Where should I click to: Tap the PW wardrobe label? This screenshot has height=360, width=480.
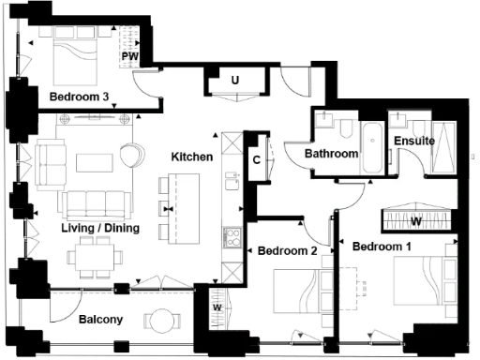click(130, 57)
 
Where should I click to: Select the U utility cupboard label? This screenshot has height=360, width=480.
click(234, 82)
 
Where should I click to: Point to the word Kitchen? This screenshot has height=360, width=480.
click(191, 157)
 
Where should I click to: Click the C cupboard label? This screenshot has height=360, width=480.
click(257, 159)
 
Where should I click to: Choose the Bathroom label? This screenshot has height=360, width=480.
click(331, 153)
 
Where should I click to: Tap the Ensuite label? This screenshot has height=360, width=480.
click(413, 142)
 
